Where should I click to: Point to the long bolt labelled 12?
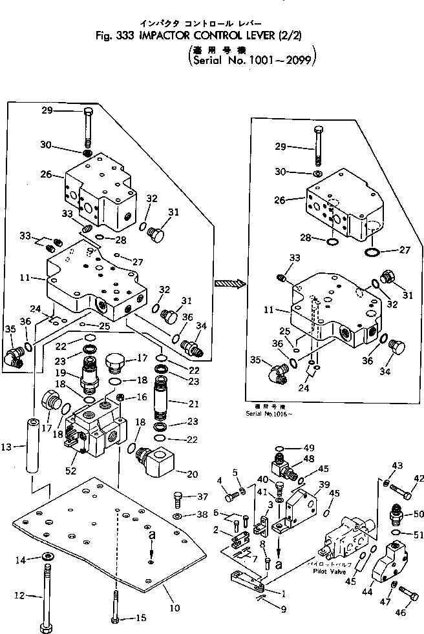(46, 594)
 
